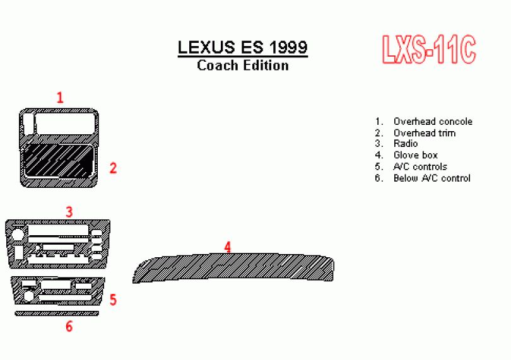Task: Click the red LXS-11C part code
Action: [429, 50]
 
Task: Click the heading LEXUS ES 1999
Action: [242, 47]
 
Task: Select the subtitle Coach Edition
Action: [243, 66]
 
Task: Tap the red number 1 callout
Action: [60, 98]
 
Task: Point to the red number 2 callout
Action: [113, 168]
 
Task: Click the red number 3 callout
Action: [69, 212]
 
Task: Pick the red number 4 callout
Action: [228, 247]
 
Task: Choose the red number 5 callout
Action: [113, 299]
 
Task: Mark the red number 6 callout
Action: [69, 327]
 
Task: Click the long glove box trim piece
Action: [233, 268]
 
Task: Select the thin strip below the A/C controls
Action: [57, 313]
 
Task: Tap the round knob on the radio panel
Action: [17, 235]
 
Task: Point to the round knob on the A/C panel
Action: [28, 296]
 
